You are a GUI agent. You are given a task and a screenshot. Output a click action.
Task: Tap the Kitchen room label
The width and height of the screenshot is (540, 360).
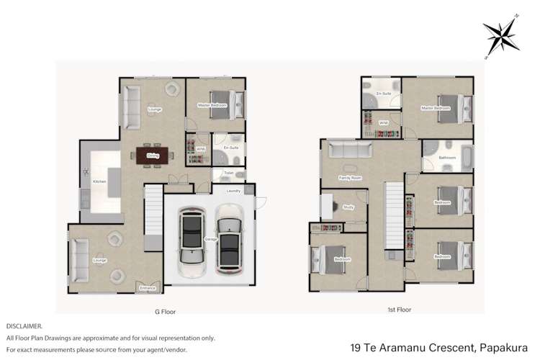click(x=99, y=181)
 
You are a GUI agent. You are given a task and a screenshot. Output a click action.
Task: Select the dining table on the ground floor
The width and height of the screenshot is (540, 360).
click(x=153, y=155)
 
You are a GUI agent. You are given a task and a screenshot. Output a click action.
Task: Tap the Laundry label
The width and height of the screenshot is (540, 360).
click(x=233, y=191)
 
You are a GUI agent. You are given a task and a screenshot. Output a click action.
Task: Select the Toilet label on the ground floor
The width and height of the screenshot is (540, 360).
click(x=228, y=173)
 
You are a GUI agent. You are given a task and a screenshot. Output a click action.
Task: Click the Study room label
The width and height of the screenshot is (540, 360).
click(x=348, y=207)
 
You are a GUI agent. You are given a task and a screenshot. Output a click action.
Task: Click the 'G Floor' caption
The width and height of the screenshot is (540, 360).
click(x=165, y=312)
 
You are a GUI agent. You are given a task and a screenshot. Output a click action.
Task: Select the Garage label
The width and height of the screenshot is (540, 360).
click(x=210, y=239)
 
